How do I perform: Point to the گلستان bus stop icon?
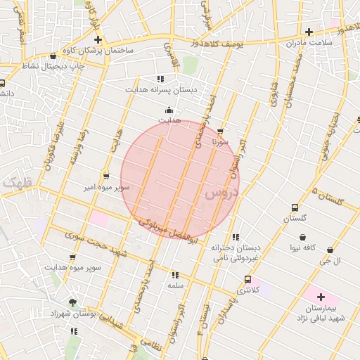click(295, 208)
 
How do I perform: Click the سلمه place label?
click(174, 285)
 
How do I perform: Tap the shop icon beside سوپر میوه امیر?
click(105, 176)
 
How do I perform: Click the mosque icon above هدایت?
click(169, 110)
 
